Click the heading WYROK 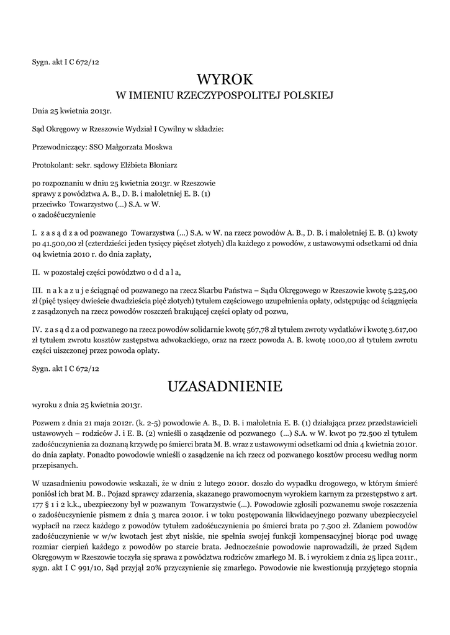point(225,79)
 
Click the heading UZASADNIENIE point(225,387)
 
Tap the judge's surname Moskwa point(158,147)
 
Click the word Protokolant point(53,165)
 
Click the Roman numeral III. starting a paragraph point(37,289)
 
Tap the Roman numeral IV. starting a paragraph point(37,330)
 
